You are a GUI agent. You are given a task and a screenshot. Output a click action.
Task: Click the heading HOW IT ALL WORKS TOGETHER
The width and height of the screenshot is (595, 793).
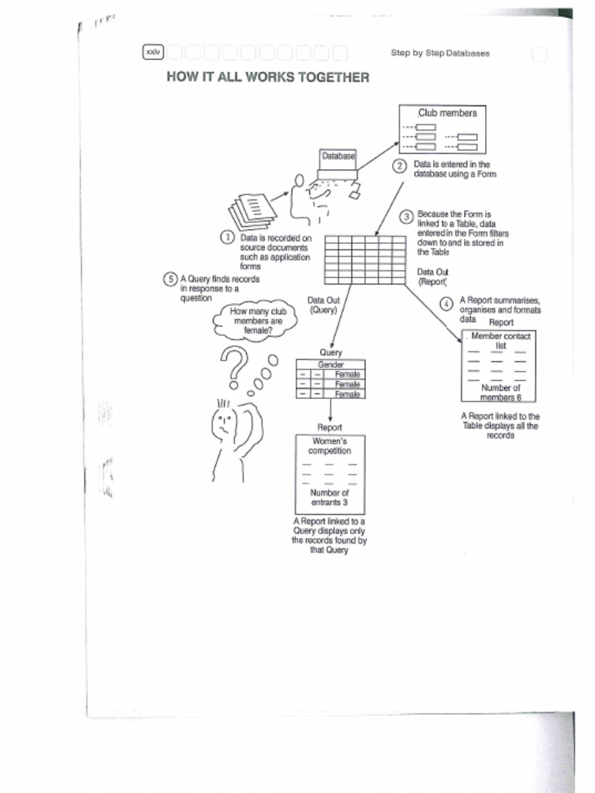coord(268,77)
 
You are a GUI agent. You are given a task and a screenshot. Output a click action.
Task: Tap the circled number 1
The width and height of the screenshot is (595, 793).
coord(228,237)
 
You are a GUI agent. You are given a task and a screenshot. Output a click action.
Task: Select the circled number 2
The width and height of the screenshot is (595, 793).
coord(399,166)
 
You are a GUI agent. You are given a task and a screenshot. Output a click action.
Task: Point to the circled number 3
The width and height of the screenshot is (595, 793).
coord(406,216)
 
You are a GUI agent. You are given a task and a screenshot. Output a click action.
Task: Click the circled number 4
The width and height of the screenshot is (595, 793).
coord(446,304)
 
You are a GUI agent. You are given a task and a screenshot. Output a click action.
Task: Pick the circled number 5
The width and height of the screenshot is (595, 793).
coord(170,279)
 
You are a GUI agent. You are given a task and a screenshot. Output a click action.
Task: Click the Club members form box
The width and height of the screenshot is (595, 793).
coord(442,129)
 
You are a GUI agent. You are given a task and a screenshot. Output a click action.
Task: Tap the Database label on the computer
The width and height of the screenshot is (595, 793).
coord(338,156)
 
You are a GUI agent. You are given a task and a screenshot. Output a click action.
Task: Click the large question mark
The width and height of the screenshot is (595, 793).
coord(233,364)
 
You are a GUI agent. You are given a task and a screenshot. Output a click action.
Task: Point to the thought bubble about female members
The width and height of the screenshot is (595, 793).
coord(256,321)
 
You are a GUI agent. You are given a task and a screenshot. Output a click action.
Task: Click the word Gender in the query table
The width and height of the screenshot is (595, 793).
coord(331,364)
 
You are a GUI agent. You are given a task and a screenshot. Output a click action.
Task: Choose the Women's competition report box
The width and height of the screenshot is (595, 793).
coord(330,473)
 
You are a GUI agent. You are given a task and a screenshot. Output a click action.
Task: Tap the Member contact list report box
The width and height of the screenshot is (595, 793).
coord(500,366)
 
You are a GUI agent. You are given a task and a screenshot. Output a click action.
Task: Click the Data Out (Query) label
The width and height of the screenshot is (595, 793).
coord(323,305)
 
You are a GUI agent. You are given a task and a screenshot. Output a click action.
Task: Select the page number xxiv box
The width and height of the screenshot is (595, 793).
coord(153,52)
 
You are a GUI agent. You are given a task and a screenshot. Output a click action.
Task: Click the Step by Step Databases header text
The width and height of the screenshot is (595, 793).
coord(440,53)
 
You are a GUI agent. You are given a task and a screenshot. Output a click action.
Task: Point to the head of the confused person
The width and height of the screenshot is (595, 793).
coord(224,422)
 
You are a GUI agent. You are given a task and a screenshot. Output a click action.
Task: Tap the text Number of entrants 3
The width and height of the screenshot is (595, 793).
coord(330,497)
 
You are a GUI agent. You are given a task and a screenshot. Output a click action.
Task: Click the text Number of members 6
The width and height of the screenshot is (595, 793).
coord(500,393)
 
